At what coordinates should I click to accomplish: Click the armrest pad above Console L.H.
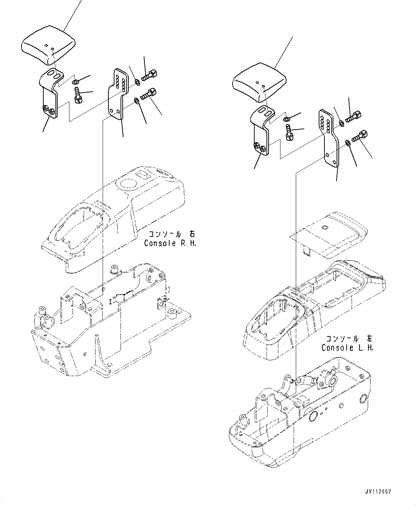point(259,85)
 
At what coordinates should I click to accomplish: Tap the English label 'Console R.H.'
point(170,243)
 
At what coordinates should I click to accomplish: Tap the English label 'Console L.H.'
point(347,347)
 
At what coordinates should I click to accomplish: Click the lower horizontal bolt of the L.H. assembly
point(359,136)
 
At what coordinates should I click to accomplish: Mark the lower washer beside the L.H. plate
point(347,143)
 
